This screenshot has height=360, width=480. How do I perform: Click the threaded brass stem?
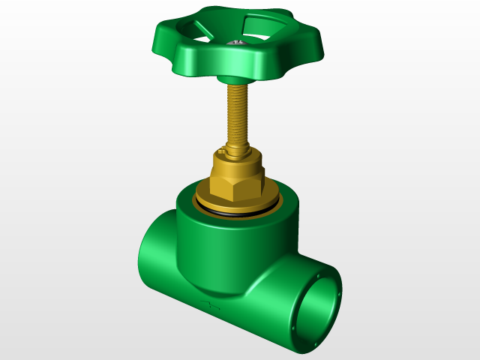pyautogui.click(x=238, y=112)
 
